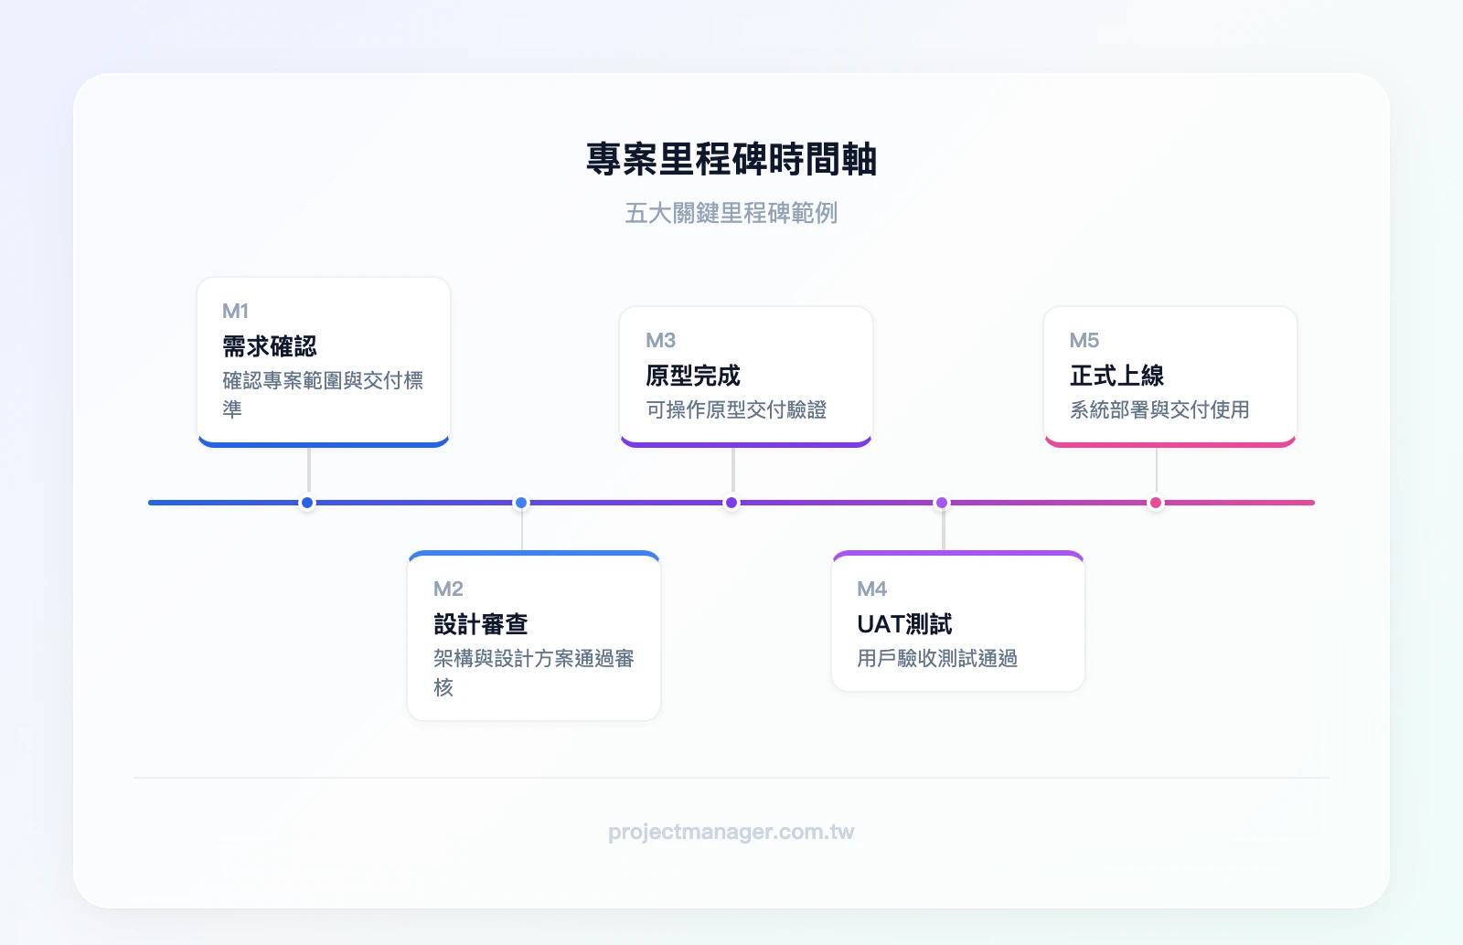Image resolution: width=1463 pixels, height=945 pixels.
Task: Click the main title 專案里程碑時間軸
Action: tap(731, 159)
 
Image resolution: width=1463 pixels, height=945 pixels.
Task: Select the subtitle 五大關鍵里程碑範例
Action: tap(731, 213)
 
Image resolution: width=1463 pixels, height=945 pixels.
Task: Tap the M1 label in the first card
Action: tap(235, 311)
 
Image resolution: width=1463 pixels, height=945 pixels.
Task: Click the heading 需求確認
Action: tap(270, 346)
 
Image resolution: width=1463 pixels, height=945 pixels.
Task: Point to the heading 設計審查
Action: tap(481, 624)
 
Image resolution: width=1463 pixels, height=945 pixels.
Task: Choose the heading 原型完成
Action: tap(693, 376)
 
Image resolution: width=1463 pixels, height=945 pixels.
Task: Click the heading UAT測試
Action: tap(904, 624)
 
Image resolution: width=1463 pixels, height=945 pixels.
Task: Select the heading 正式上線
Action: tap(1116, 376)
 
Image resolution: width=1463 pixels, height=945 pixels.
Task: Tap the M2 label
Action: tap(448, 589)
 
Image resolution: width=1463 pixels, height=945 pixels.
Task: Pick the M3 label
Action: tap(660, 340)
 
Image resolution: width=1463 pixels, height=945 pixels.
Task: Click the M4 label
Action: tap(871, 589)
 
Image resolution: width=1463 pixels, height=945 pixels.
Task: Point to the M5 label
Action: tap(1084, 340)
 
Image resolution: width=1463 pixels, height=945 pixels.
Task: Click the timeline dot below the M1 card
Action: tap(307, 503)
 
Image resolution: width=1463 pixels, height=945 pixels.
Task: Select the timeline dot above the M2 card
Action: tap(521, 503)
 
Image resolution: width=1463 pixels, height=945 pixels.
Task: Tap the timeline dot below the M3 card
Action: tap(731, 503)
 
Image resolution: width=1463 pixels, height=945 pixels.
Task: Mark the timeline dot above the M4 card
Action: tap(942, 503)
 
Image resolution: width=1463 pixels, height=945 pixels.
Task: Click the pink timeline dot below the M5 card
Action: tap(1156, 503)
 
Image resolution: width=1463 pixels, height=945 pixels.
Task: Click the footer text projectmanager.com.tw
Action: tap(731, 832)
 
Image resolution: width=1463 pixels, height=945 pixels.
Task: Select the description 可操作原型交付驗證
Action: tap(736, 409)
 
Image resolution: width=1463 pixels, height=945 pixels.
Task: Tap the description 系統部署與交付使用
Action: tap(1159, 409)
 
